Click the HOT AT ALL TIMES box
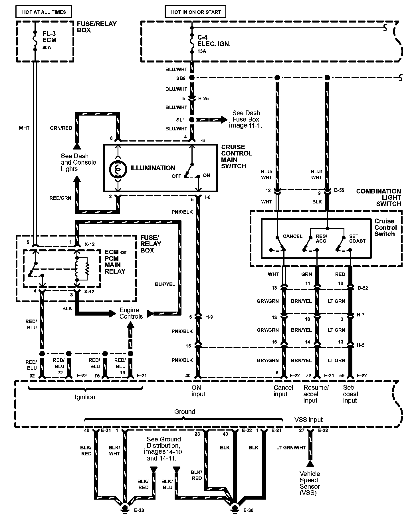(44, 12)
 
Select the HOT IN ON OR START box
(196, 12)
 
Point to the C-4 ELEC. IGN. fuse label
(214, 41)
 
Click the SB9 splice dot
(192, 78)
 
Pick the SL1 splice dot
(192, 120)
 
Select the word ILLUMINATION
(152, 168)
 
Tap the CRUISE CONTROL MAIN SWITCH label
(237, 156)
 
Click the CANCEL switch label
(292, 236)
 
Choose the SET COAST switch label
(357, 239)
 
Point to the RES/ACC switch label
(322, 239)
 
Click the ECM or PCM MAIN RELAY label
(115, 261)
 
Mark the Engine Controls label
(131, 313)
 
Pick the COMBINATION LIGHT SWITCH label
(378, 197)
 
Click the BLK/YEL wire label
(165, 284)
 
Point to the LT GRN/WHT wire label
(291, 448)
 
